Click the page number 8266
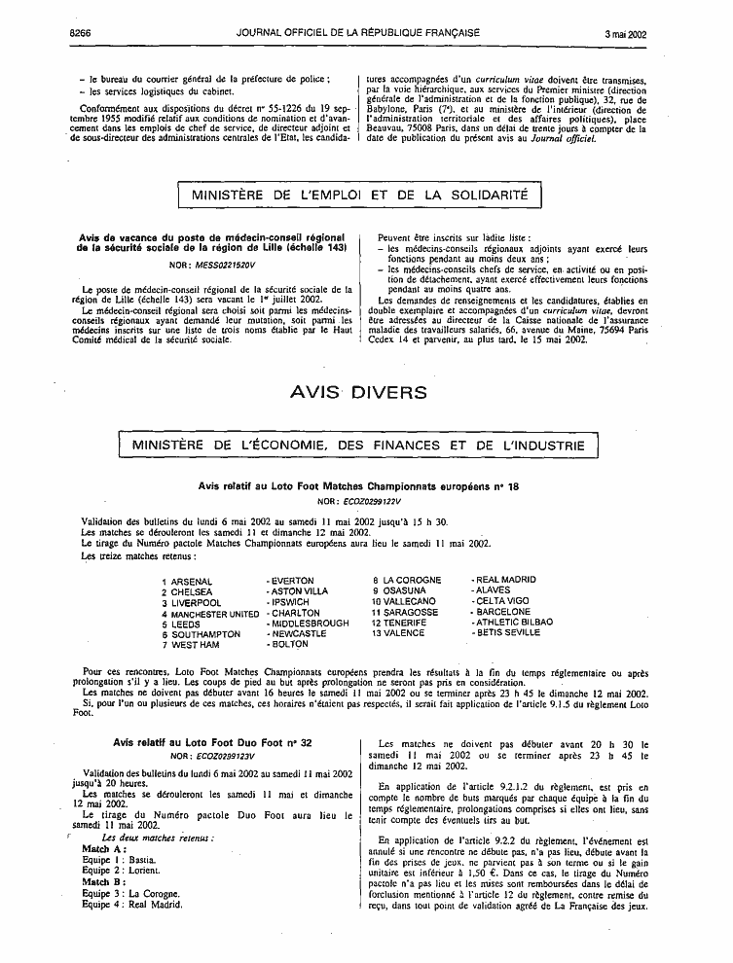(80, 32)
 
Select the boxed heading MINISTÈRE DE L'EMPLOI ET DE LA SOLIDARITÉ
(359, 195)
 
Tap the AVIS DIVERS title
(359, 393)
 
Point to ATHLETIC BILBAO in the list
(511, 622)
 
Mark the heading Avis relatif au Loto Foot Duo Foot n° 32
(212, 742)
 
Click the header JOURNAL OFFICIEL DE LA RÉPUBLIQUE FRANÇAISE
(357, 32)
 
